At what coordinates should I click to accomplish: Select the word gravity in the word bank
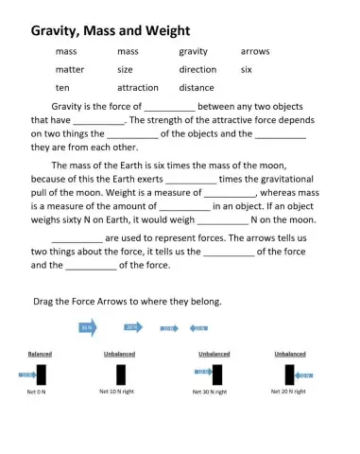pyautogui.click(x=193, y=51)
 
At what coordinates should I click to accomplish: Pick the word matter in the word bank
pyautogui.click(x=70, y=69)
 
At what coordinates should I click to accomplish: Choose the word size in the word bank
pyautogui.click(x=125, y=69)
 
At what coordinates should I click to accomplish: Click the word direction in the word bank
pyautogui.click(x=197, y=69)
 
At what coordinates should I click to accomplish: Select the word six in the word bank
pyautogui.click(x=247, y=69)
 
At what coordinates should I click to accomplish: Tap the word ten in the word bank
pyautogui.click(x=62, y=87)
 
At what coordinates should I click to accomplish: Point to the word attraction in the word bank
pyautogui.click(x=137, y=87)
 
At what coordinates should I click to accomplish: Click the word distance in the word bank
pyautogui.click(x=196, y=87)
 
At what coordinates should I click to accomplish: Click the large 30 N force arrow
pyautogui.click(x=88, y=327)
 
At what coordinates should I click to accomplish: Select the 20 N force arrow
pyautogui.click(x=133, y=327)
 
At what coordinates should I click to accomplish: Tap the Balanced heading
pyautogui.click(x=39, y=354)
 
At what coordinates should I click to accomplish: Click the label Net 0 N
pyautogui.click(x=37, y=391)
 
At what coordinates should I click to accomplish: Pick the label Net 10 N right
pyautogui.click(x=120, y=391)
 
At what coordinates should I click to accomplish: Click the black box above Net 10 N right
pyautogui.click(x=120, y=374)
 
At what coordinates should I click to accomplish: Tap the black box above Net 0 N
pyautogui.click(x=40, y=374)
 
